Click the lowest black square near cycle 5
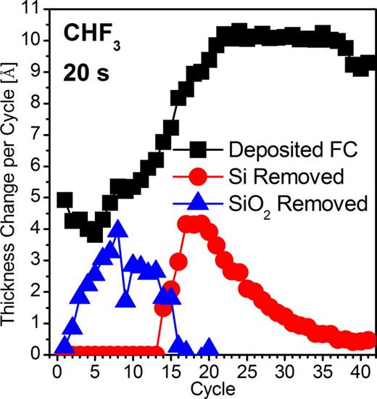[95, 234]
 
